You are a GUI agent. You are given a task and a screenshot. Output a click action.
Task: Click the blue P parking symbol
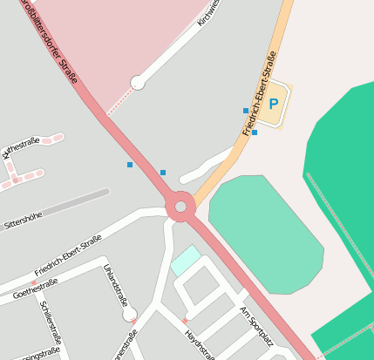(x=274, y=105)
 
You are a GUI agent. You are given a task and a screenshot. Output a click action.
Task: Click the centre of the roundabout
(x=180, y=207)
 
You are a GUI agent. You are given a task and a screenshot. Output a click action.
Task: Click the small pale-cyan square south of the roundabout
(x=185, y=260)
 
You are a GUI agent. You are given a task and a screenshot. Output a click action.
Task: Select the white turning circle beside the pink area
(x=137, y=83)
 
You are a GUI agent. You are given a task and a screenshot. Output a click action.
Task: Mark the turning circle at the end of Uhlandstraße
(x=130, y=313)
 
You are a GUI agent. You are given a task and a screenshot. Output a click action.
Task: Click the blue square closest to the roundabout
(x=163, y=173)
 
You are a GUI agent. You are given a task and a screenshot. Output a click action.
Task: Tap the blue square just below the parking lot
(x=255, y=132)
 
